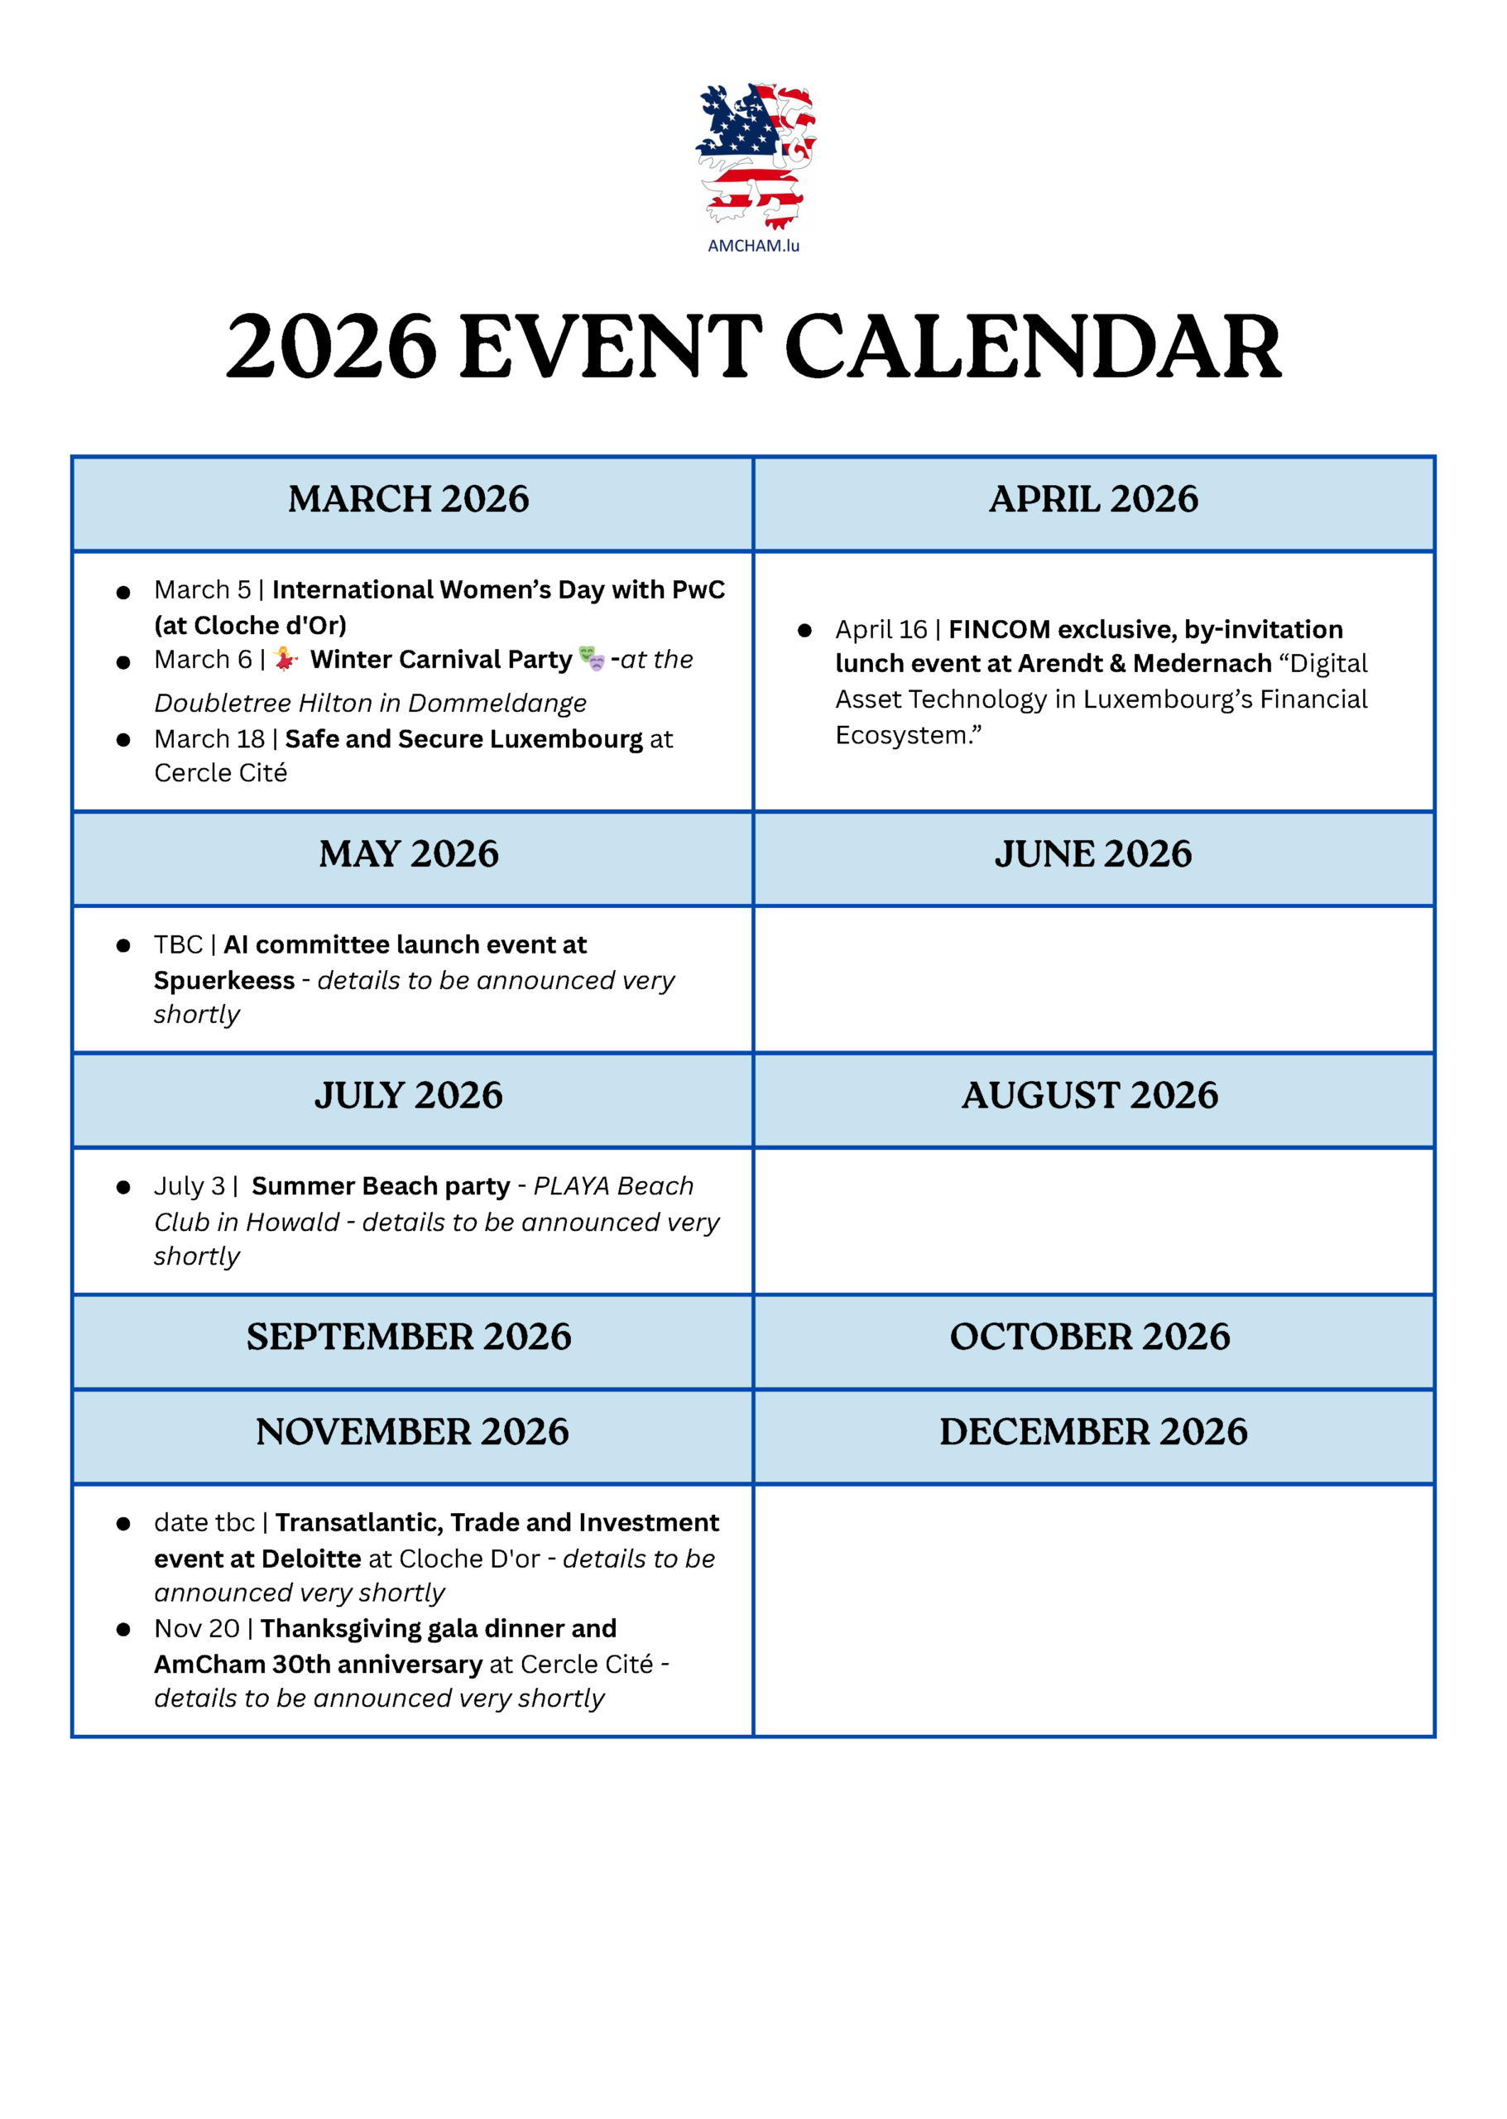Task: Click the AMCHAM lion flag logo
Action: [x=755, y=155]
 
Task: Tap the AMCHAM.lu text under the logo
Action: [x=753, y=246]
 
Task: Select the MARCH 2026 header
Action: [x=408, y=499]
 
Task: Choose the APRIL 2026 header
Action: [x=1093, y=499]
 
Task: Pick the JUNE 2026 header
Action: [x=1093, y=854]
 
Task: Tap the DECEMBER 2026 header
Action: [x=1093, y=1431]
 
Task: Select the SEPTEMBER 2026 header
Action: [x=408, y=1337]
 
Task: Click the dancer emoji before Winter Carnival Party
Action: [x=286, y=659]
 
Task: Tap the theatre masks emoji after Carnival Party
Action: [x=591, y=659]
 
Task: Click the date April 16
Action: [x=881, y=629]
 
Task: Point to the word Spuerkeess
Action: [x=223, y=980]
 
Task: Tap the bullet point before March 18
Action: [x=123, y=740]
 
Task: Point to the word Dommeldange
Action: [x=497, y=704]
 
